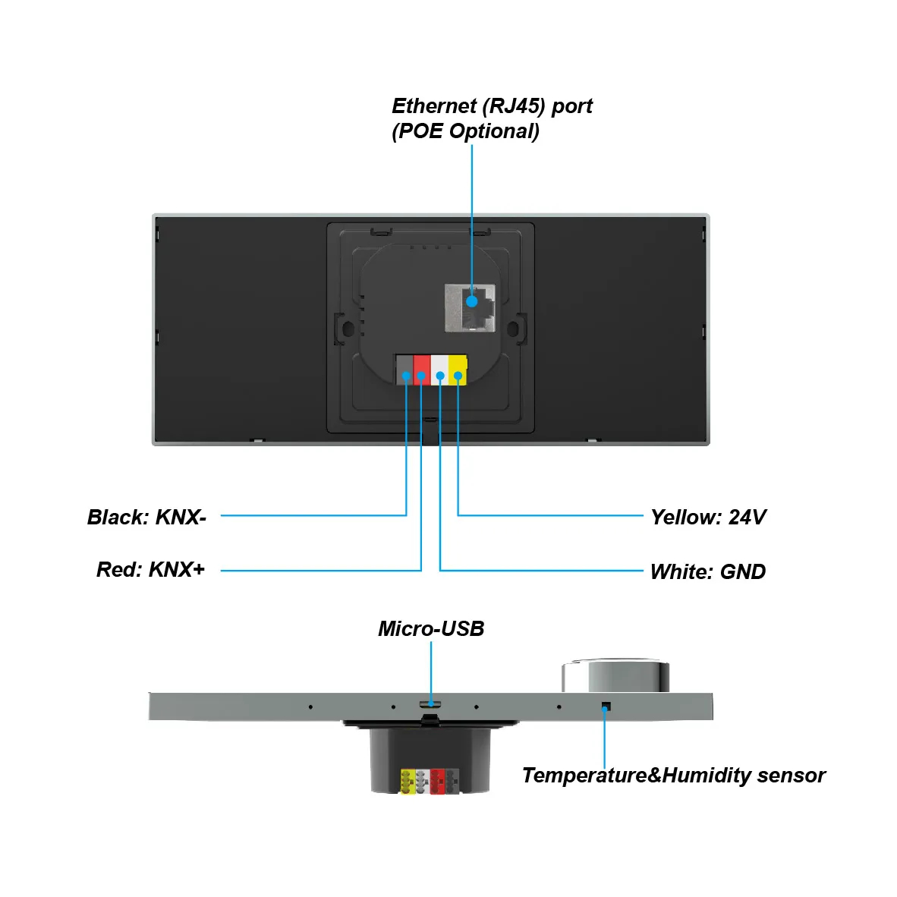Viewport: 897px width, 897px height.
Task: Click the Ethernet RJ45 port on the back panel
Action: pyautogui.click(x=470, y=307)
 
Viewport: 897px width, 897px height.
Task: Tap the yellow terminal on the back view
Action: pyautogui.click(x=458, y=370)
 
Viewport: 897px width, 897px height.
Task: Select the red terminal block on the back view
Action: pyautogui.click(x=422, y=370)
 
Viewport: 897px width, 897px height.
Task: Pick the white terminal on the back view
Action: pyautogui.click(x=439, y=370)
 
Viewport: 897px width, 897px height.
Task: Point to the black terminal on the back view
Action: pyautogui.click(x=404, y=370)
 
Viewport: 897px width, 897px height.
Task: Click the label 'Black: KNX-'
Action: pyautogui.click(x=146, y=518)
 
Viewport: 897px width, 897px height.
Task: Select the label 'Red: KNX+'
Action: pyautogui.click(x=150, y=570)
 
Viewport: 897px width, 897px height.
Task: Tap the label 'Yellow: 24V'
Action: pyautogui.click(x=708, y=518)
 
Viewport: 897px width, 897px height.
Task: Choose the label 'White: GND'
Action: pyautogui.click(x=707, y=572)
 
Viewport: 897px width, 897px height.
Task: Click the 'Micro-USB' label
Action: pyautogui.click(x=431, y=629)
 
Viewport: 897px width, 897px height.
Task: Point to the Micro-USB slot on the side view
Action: pyautogui.click(x=430, y=704)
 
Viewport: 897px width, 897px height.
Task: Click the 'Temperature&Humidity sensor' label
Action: pyautogui.click(x=673, y=776)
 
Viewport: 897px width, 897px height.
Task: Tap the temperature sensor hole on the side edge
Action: pyautogui.click(x=605, y=707)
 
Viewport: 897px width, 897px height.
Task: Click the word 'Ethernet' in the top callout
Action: pyautogui.click(x=434, y=106)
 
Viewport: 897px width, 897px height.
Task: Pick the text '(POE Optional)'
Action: pyautogui.click(x=465, y=131)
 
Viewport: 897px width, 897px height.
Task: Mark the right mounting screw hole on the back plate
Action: pyautogui.click(x=512, y=329)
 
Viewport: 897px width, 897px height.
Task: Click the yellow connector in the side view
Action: pyautogui.click(x=408, y=782)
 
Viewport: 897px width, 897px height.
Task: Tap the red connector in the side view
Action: pyautogui.click(x=437, y=782)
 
